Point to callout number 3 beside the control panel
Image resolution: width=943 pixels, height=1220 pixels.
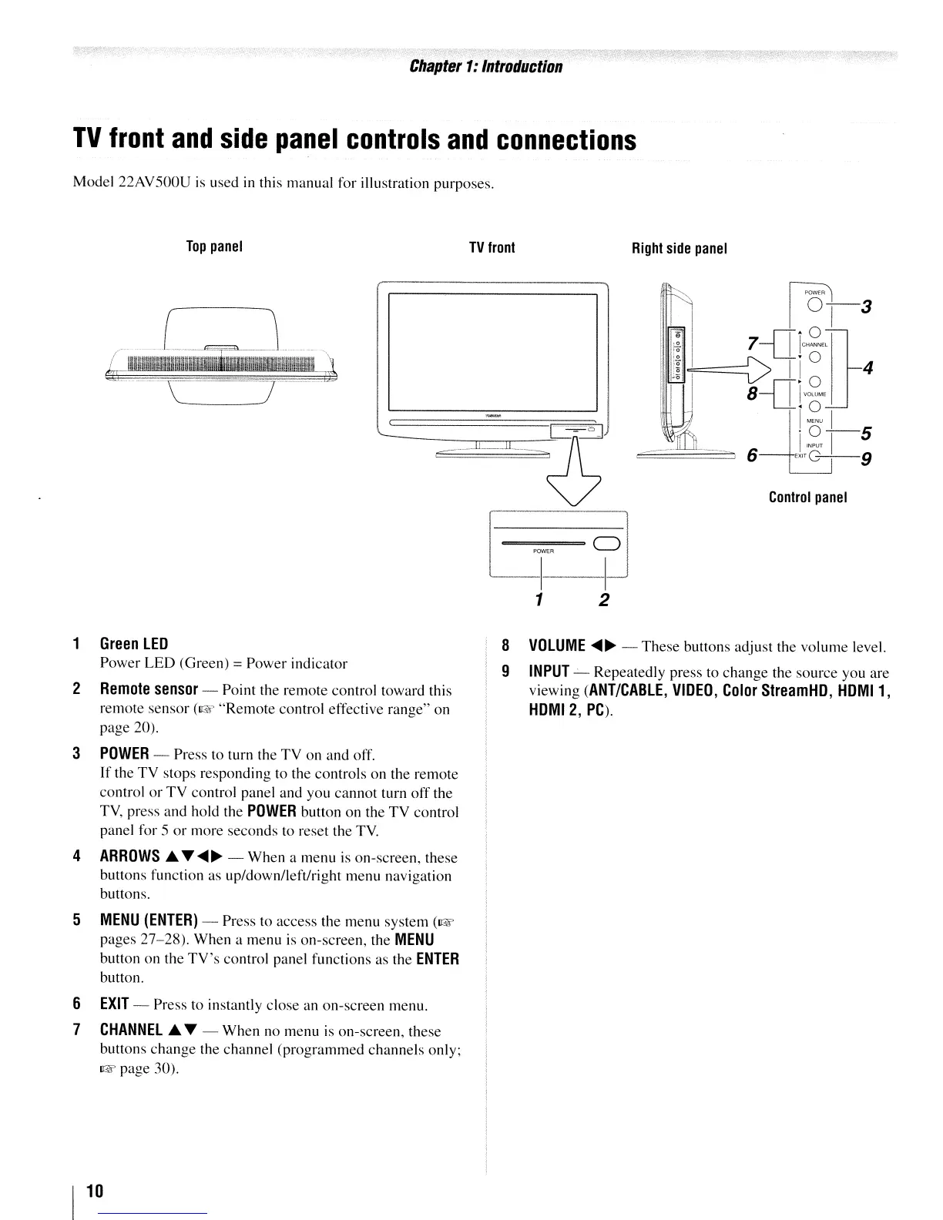point(866,307)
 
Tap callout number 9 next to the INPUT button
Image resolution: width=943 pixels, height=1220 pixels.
point(866,460)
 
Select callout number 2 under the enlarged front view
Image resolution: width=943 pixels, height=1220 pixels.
point(605,599)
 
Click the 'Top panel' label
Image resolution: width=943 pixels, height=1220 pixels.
point(215,247)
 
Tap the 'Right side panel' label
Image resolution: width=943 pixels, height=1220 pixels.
point(679,248)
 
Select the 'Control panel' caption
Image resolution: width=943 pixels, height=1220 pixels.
point(808,498)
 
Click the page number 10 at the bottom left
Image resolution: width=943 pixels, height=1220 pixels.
point(94,1191)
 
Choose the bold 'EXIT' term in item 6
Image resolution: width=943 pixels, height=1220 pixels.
point(114,1004)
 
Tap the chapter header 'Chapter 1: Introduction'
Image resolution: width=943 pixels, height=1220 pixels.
point(485,66)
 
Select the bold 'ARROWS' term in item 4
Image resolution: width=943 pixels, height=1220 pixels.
point(129,856)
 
